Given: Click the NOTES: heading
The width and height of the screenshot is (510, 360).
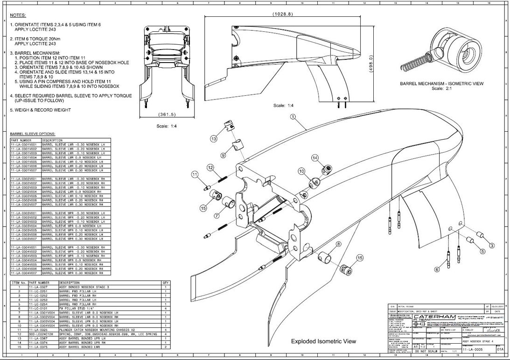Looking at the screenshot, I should tap(18, 15).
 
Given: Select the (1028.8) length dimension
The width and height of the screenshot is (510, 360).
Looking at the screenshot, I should tap(282, 14).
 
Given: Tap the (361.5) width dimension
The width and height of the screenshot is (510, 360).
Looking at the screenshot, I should tap(167, 114).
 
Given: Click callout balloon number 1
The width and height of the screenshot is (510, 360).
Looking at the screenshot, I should tap(293, 117).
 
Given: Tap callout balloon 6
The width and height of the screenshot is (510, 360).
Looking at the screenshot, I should tap(437, 269).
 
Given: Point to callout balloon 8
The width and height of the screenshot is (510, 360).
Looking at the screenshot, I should tap(338, 244).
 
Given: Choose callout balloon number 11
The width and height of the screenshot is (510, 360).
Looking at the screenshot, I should tap(195, 175).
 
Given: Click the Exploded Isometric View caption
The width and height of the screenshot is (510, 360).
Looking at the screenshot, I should tap(323, 341).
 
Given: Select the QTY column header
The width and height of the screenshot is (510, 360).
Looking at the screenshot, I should tap(165, 282).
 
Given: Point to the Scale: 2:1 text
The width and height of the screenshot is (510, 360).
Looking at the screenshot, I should tap(441, 88).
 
